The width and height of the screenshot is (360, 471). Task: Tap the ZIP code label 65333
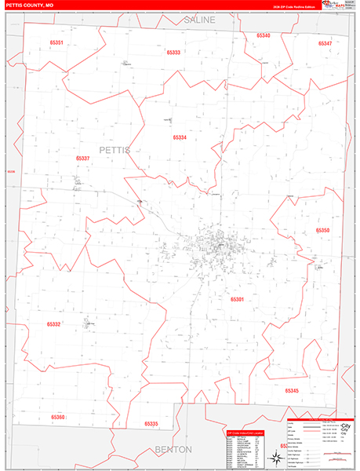(173, 53)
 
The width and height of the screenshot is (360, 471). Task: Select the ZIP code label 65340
(263, 35)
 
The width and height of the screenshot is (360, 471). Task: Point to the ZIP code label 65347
(325, 42)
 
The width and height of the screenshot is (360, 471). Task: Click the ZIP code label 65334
(180, 137)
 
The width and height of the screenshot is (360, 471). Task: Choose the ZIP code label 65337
(83, 158)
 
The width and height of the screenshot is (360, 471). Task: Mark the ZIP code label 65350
(322, 230)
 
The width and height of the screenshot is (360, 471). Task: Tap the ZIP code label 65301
(238, 299)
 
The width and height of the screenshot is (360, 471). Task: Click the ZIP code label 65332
(53, 323)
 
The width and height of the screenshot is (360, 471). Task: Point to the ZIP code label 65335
(151, 423)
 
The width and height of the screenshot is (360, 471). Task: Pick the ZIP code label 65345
(292, 390)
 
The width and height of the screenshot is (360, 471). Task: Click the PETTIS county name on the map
(115, 148)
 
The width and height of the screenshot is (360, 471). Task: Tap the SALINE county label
(198, 19)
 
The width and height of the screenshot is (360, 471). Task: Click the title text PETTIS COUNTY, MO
(31, 5)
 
